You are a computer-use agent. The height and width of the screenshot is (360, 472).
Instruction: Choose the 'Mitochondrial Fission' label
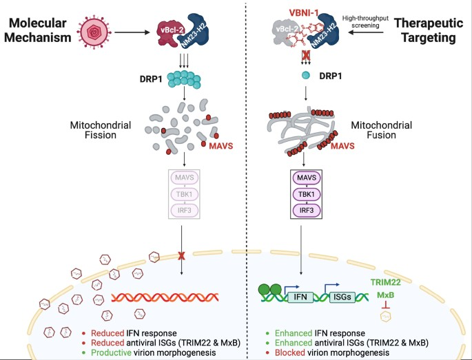click(x=97, y=130)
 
